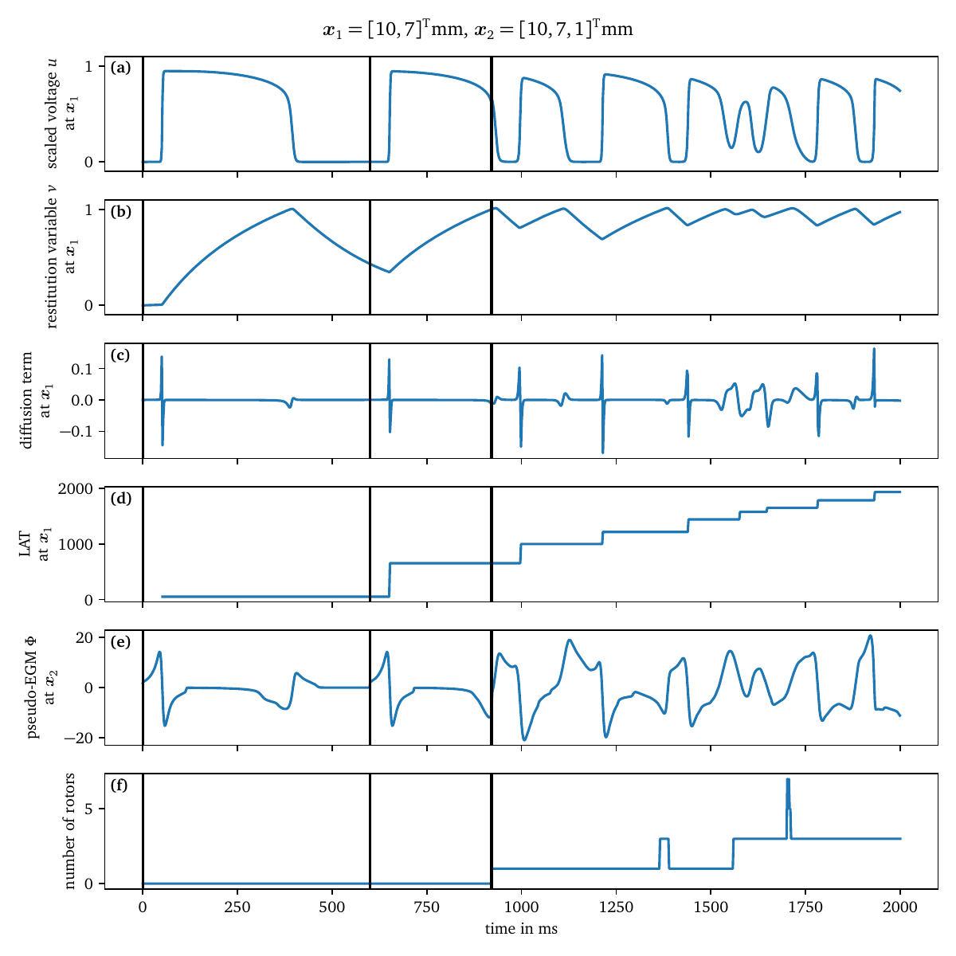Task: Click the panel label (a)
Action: tap(121, 68)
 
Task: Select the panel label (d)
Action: tap(121, 499)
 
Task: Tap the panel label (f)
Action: tap(119, 785)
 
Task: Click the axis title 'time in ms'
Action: tap(521, 929)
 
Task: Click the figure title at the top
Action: tap(478, 30)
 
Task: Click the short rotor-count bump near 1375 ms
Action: tap(664, 840)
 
